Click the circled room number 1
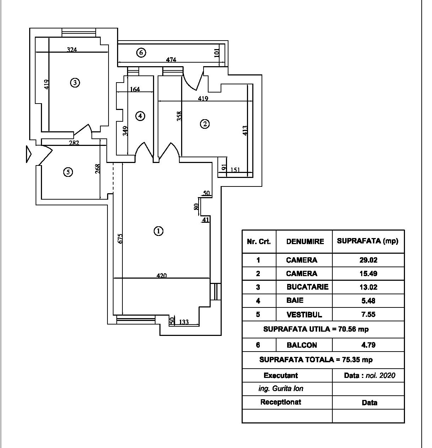(x=158, y=231)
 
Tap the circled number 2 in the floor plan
(x=205, y=124)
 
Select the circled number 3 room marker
(x=75, y=83)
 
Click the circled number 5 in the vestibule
(x=68, y=172)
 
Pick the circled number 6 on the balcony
(x=141, y=53)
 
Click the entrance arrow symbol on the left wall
(x=29, y=155)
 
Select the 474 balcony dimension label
(x=171, y=60)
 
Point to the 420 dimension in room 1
(x=161, y=275)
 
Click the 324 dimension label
(x=72, y=50)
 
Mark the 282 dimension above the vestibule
(x=74, y=143)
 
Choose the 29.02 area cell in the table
(x=368, y=260)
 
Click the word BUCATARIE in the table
(x=307, y=287)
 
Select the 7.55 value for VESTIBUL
(x=368, y=315)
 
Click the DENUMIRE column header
(x=305, y=242)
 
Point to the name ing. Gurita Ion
(x=281, y=389)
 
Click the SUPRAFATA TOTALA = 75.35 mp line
(x=316, y=360)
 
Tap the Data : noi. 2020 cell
(x=369, y=375)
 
